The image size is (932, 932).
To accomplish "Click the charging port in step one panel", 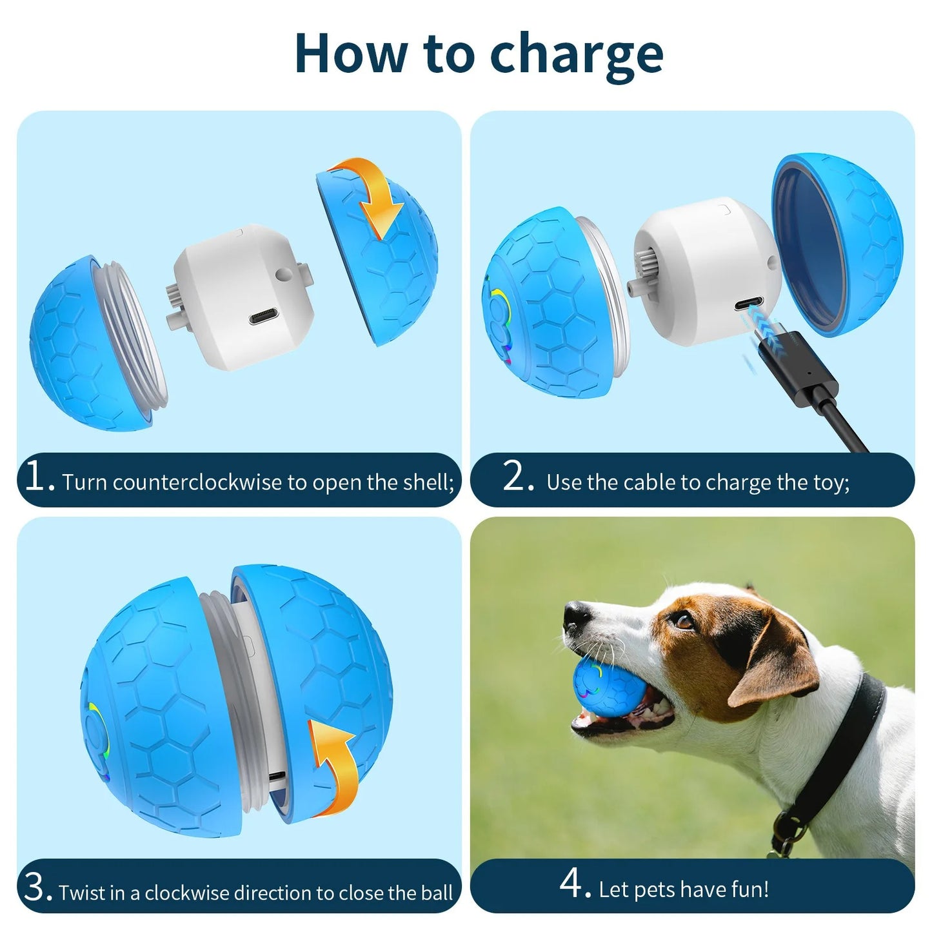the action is point(270,317).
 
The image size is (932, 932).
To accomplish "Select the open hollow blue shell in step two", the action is point(838,245).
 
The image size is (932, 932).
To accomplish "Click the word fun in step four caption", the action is point(752,889).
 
